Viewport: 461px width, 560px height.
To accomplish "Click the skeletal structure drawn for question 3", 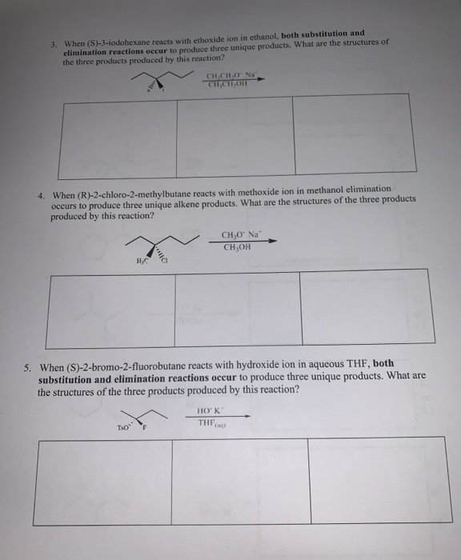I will (x=164, y=78).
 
